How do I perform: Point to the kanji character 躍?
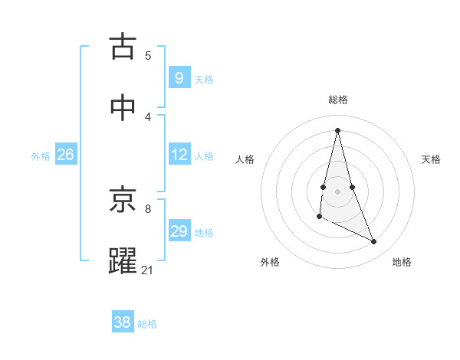point(123,260)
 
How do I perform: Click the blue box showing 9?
point(179,77)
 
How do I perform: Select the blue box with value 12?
point(179,154)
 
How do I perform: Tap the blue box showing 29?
point(179,231)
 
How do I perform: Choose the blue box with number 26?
point(65,154)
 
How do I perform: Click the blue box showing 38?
point(123,322)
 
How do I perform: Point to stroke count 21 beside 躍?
point(148,270)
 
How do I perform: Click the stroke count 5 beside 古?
point(148,55)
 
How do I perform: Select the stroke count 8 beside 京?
point(148,208)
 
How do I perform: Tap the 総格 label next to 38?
point(147,324)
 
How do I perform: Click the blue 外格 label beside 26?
point(41,155)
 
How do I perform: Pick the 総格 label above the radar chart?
point(338,100)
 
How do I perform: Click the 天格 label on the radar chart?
point(431,159)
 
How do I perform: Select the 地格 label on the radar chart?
point(402,262)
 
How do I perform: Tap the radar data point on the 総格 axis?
point(338,129)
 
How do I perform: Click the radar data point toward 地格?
point(374,242)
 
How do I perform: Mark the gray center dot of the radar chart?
point(338,191)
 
